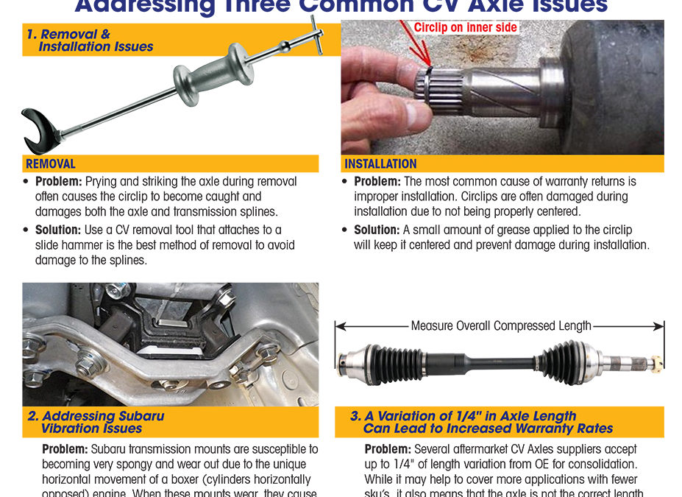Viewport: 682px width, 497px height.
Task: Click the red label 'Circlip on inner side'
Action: (465, 27)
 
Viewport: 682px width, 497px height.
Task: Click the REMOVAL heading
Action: (51, 163)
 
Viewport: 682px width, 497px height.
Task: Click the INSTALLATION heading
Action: (380, 163)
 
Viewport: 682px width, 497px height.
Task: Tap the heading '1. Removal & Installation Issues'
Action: (88, 40)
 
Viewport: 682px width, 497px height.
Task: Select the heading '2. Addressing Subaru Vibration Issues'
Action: (96, 422)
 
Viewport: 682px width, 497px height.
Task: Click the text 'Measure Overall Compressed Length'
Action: (500, 325)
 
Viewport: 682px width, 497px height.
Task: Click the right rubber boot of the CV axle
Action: (566, 362)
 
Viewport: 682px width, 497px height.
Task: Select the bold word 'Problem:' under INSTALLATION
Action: (377, 181)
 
